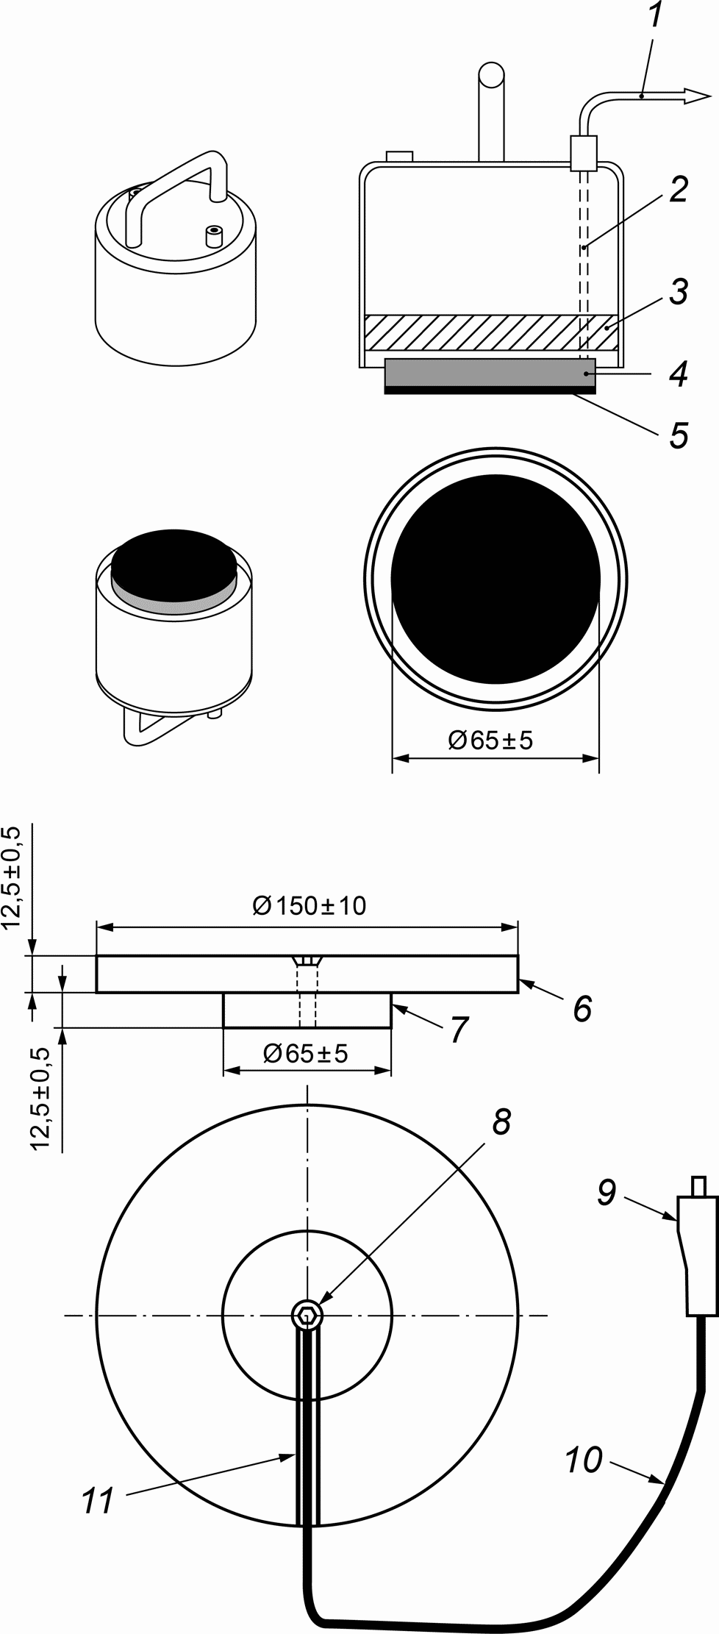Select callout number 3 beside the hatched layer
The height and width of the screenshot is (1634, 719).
tap(677, 291)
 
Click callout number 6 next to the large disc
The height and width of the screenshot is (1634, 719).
tap(582, 1008)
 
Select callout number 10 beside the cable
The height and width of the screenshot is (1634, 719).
tap(584, 1460)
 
